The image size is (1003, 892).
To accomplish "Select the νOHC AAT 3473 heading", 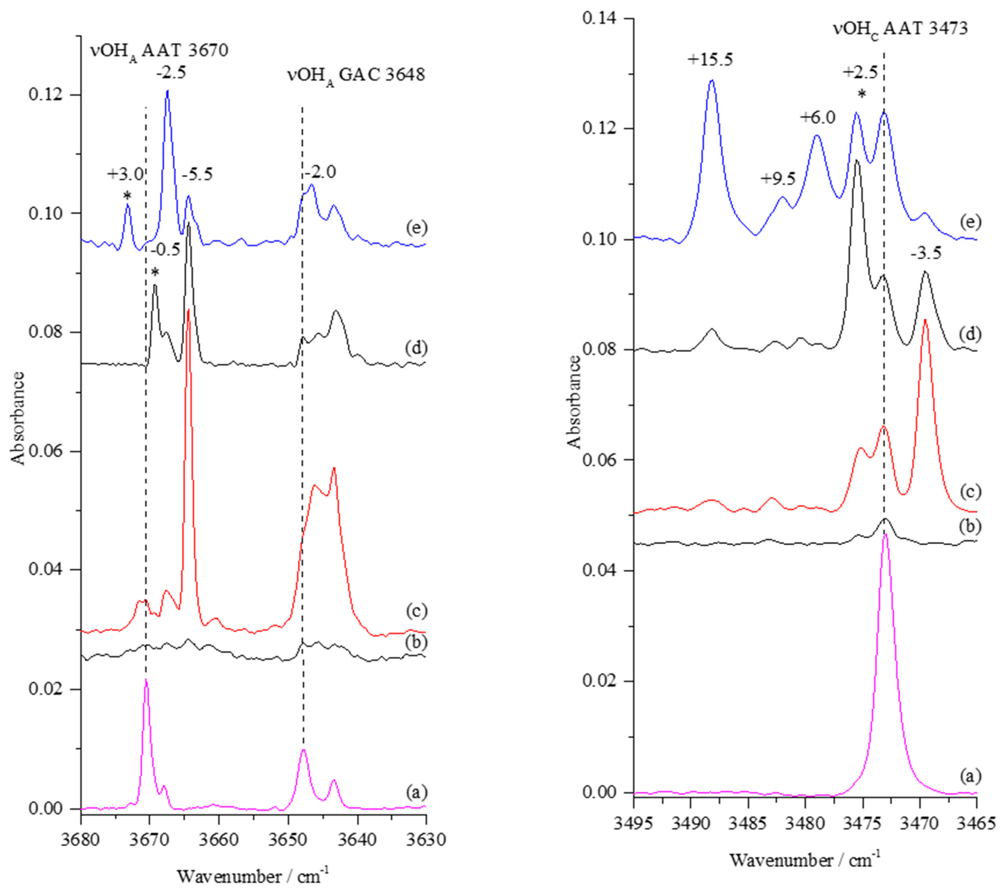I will (901, 28).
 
